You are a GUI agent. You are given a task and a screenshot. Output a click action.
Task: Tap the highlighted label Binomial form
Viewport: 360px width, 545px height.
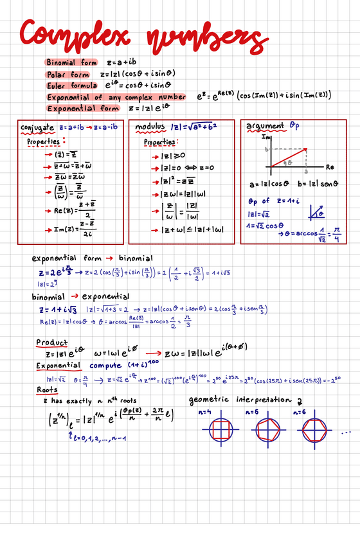tap(71, 63)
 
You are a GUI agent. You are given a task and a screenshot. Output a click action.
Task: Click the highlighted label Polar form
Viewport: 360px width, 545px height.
tap(67, 75)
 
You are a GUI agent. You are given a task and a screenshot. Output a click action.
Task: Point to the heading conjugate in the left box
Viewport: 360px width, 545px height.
tap(37, 127)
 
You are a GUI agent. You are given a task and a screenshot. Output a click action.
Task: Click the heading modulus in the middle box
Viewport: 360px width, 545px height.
tap(150, 127)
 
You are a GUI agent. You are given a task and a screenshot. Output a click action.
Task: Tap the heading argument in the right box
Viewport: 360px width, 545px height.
tap(264, 126)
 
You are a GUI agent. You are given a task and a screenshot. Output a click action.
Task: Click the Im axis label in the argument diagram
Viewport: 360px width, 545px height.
tap(266, 137)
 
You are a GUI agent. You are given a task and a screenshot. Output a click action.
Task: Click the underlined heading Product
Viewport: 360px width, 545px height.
tap(51, 343)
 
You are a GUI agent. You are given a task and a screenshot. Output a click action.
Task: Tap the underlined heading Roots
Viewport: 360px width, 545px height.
tap(47, 390)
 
